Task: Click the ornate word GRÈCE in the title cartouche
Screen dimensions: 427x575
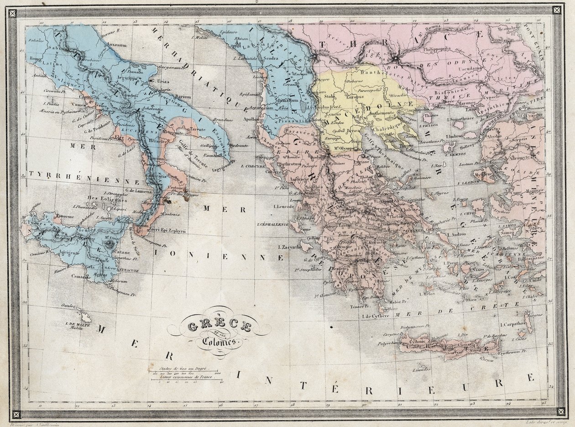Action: coord(220,326)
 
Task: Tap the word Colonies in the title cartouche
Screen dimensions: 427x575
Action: coord(217,342)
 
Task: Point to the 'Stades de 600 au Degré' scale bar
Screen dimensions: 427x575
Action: coord(183,370)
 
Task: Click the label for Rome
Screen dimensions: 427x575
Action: coord(35,59)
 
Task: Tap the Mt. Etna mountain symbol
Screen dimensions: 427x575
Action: coord(109,244)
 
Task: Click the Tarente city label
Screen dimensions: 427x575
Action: coord(199,129)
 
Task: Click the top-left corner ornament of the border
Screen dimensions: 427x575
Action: coord(12,12)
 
